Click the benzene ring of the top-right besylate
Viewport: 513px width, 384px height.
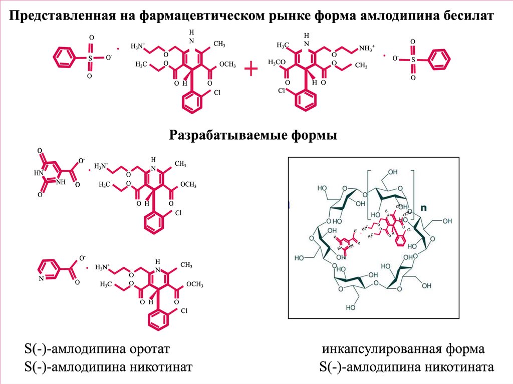click(441, 59)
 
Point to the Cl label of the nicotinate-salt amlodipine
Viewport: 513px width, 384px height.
click(184, 311)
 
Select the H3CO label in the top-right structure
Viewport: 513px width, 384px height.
click(277, 62)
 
